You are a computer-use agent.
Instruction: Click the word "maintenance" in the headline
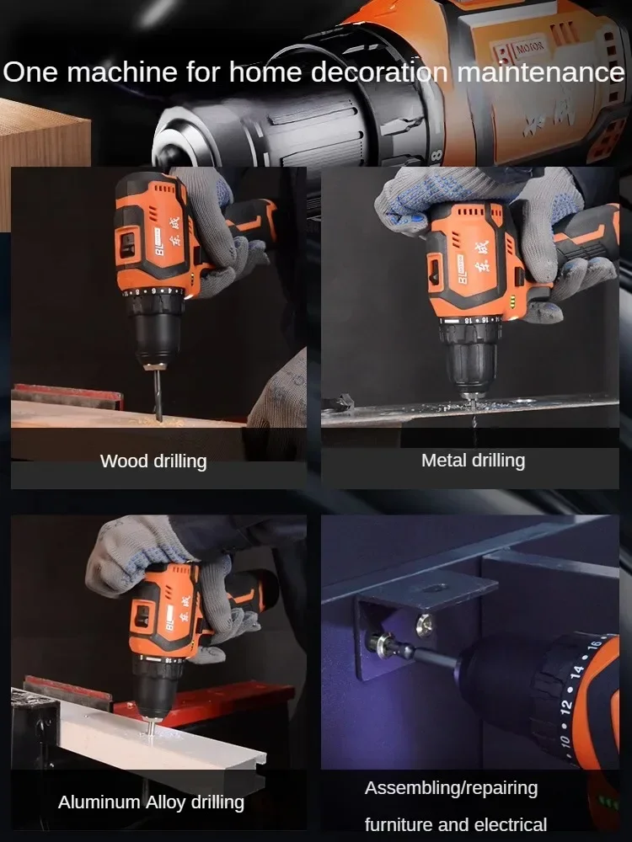point(539,72)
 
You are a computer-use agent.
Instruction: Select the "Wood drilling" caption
point(153,461)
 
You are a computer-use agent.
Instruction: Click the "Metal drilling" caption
point(473,461)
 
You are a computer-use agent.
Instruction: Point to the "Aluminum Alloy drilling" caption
point(151,802)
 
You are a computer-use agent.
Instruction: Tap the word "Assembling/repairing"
point(451,789)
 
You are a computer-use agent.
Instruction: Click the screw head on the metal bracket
point(426,623)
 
